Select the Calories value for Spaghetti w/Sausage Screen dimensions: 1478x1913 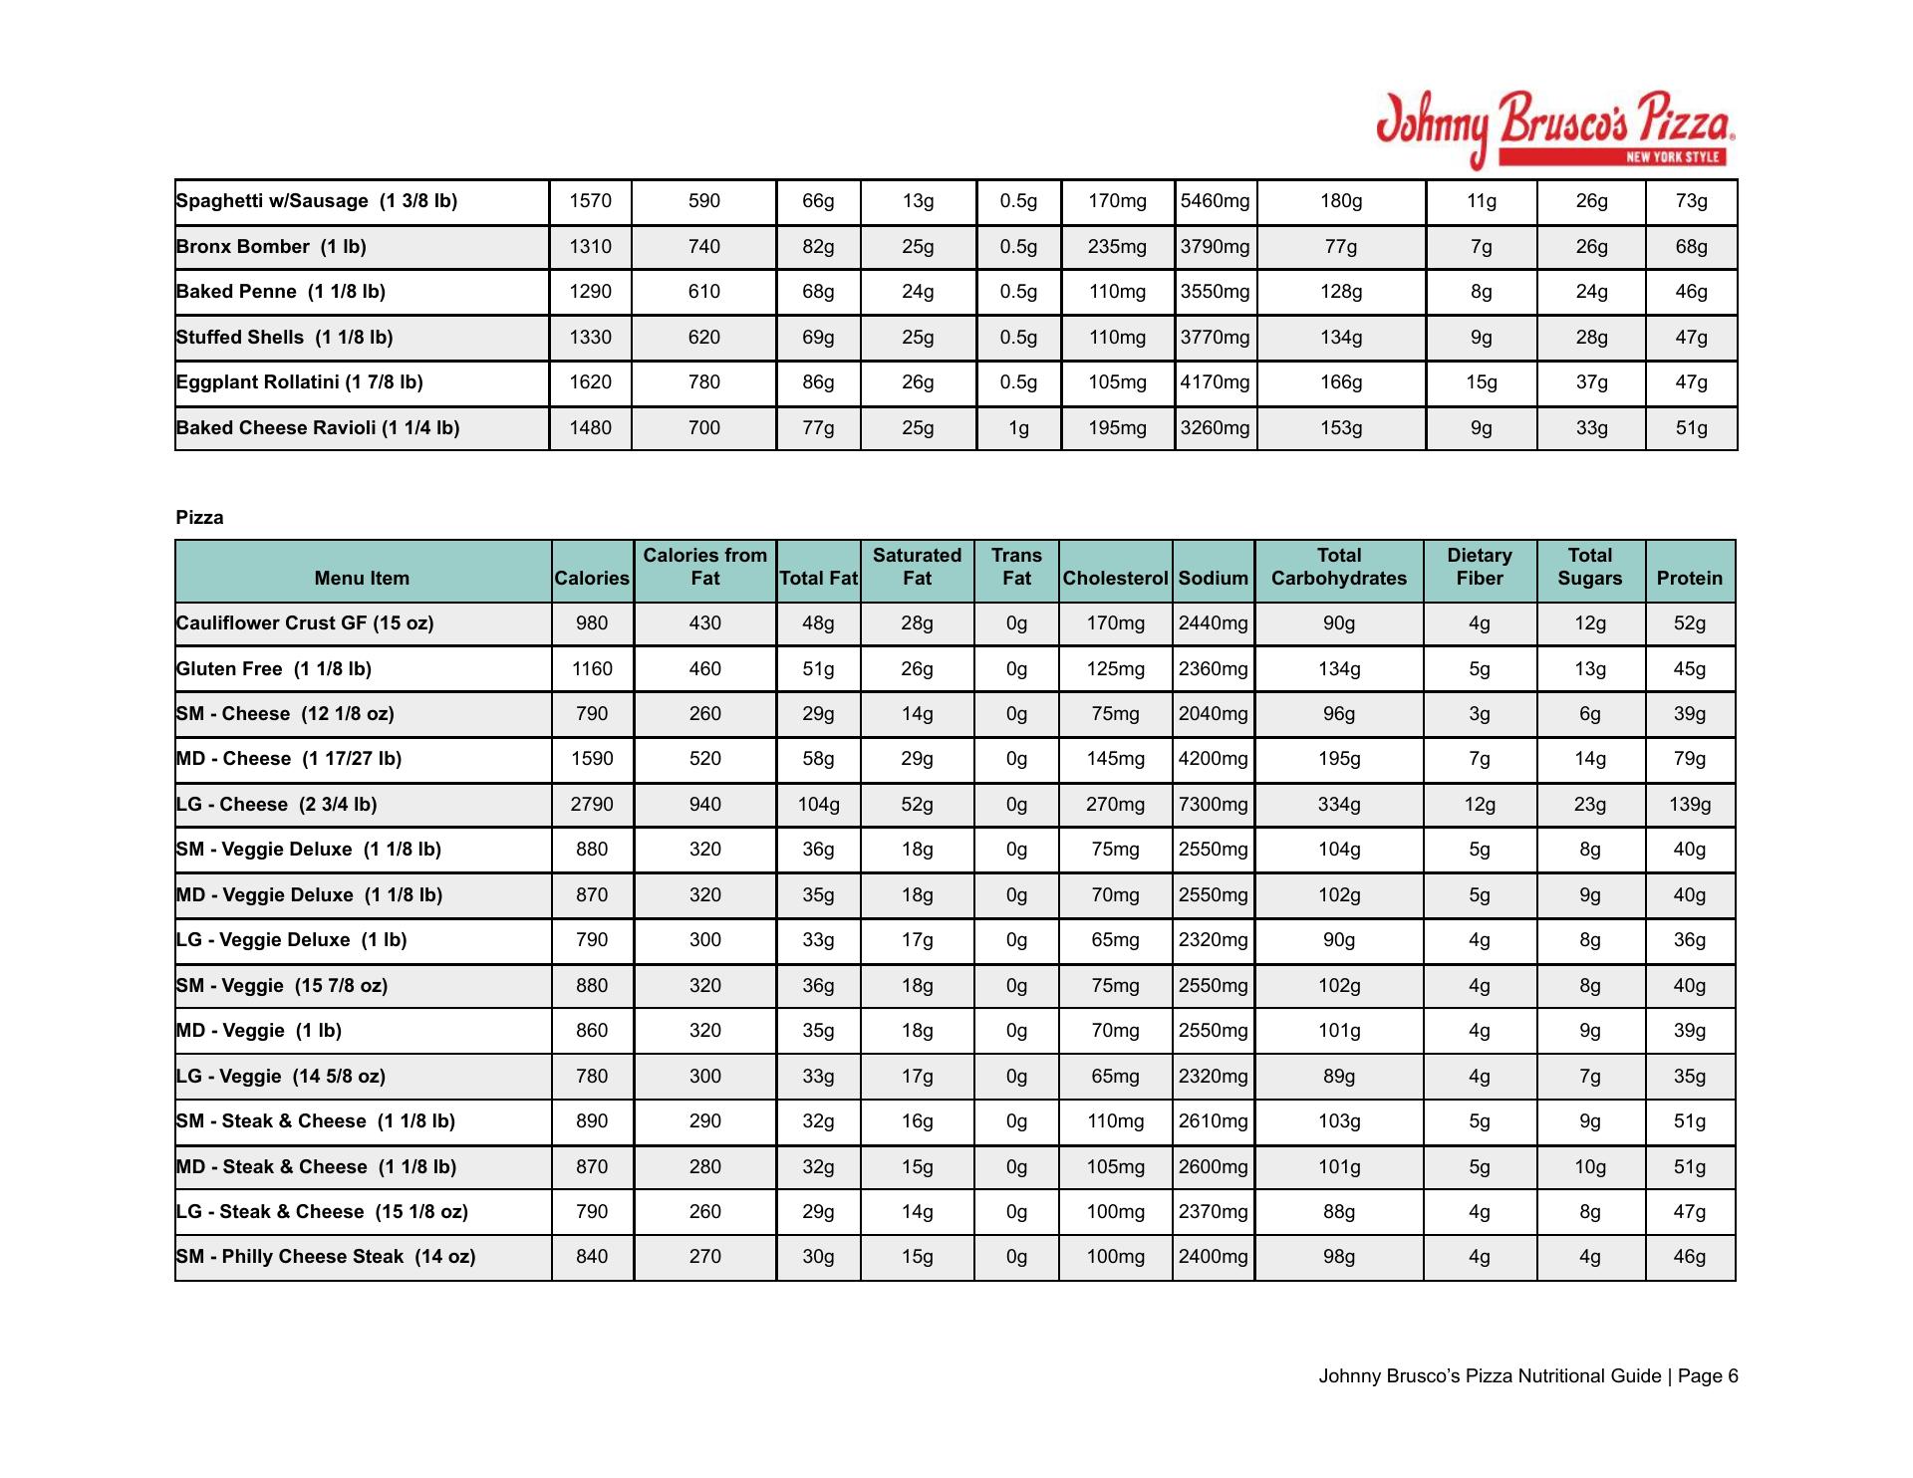(590, 201)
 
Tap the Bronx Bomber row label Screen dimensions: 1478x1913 (271, 247)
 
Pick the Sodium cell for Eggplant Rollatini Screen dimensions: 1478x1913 (1215, 382)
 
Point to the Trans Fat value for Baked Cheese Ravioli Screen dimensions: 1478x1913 (1017, 428)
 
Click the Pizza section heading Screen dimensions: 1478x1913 (199, 518)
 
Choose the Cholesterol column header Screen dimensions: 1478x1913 (1115, 579)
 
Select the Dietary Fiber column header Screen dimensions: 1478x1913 (1479, 567)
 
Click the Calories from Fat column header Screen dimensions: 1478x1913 (704, 567)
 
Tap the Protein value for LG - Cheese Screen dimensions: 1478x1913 (1689, 805)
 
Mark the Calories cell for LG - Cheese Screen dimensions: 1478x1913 (592, 805)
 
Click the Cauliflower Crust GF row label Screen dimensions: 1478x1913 (305, 623)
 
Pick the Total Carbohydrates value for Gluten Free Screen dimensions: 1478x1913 (1338, 669)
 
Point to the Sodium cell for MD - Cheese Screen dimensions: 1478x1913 (1213, 759)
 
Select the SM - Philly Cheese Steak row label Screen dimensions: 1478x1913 (326, 1257)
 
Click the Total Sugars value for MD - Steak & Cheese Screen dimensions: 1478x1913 (1589, 1167)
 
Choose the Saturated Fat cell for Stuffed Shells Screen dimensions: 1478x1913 (917, 338)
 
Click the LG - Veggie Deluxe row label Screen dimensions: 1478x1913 (291, 940)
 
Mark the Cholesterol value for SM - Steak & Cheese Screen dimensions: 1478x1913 (1115, 1121)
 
